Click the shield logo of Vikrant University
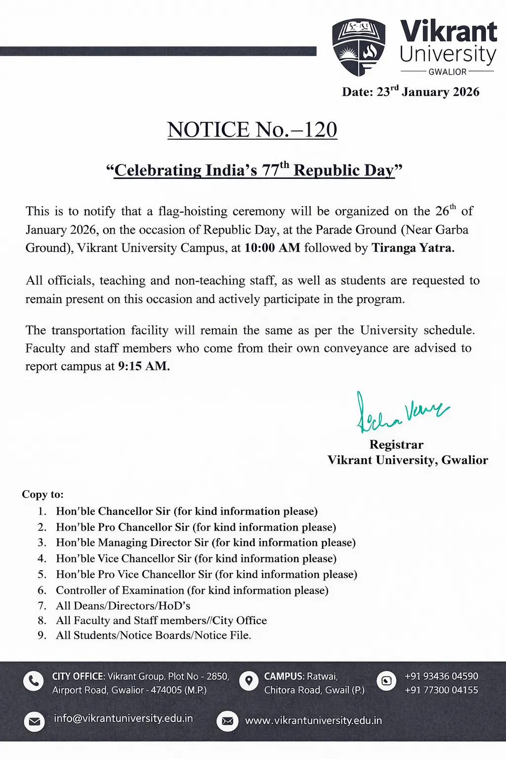click(359, 47)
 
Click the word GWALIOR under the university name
click(447, 72)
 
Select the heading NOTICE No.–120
click(252, 130)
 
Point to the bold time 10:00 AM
click(272, 248)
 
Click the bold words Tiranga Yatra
click(413, 248)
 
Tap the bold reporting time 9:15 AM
click(144, 367)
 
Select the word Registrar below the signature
click(396, 445)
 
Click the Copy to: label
click(42, 495)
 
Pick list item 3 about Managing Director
click(206, 543)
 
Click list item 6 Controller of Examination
click(192, 590)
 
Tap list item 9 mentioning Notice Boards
click(153, 635)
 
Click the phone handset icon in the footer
click(33, 681)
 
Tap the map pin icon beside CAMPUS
click(249, 681)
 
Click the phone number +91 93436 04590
click(441, 676)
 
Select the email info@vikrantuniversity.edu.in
click(123, 718)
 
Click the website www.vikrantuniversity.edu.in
click(313, 721)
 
